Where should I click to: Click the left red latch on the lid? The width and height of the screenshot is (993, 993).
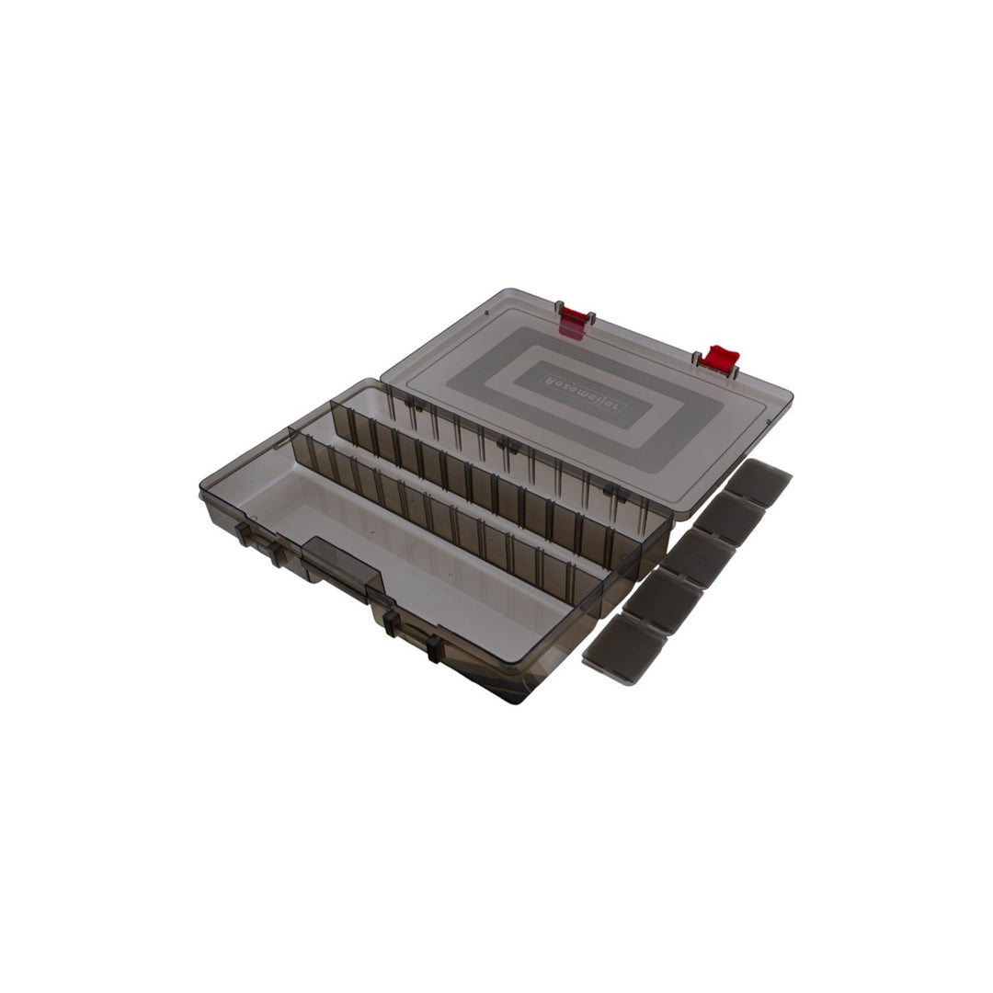pyautogui.click(x=572, y=322)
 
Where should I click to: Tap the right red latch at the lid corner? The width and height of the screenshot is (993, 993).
pyautogui.click(x=716, y=359)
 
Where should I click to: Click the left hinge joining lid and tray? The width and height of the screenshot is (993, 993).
pyautogui.click(x=412, y=404)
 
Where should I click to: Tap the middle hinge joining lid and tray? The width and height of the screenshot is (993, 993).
pyautogui.click(x=507, y=445)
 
